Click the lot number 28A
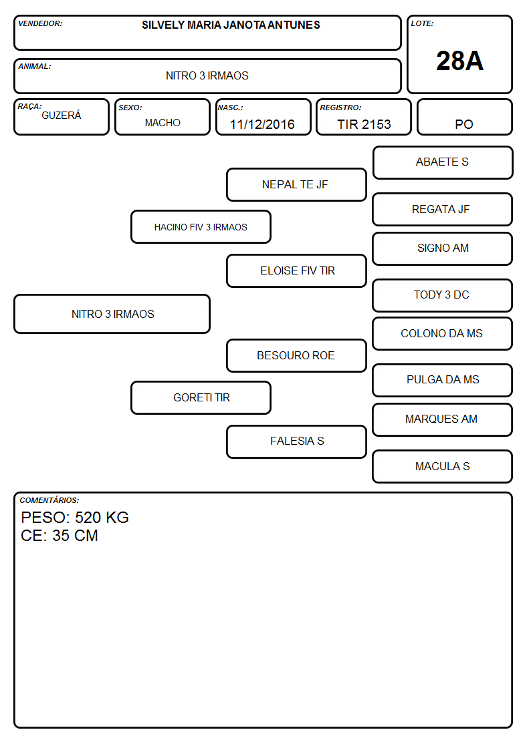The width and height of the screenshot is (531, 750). (x=459, y=61)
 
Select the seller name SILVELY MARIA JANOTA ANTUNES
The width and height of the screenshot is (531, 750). (x=231, y=25)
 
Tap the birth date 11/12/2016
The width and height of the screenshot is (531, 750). (x=262, y=124)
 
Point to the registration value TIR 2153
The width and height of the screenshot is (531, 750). (x=364, y=124)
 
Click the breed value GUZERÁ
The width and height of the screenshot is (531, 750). (x=62, y=115)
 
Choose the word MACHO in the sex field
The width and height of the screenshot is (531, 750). (x=163, y=123)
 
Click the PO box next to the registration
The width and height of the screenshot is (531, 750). (x=464, y=117)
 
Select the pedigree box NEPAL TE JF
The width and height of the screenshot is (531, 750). (x=296, y=184)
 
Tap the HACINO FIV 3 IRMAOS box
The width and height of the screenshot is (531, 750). (x=201, y=226)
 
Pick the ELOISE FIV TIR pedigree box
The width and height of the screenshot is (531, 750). (x=296, y=270)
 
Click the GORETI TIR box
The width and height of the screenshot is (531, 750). (x=201, y=398)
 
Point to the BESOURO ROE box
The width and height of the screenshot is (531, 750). (x=296, y=356)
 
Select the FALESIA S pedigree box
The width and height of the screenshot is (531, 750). (x=296, y=442)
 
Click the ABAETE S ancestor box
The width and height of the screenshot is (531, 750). (x=443, y=163)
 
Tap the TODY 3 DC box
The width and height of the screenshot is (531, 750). (x=443, y=296)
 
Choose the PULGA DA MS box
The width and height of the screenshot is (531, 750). (x=443, y=380)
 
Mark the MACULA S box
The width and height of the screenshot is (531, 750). (x=443, y=466)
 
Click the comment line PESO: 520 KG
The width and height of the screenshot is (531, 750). (x=75, y=518)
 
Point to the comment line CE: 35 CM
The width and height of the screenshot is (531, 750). (x=60, y=536)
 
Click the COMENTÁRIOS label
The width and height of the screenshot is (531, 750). (x=49, y=500)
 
